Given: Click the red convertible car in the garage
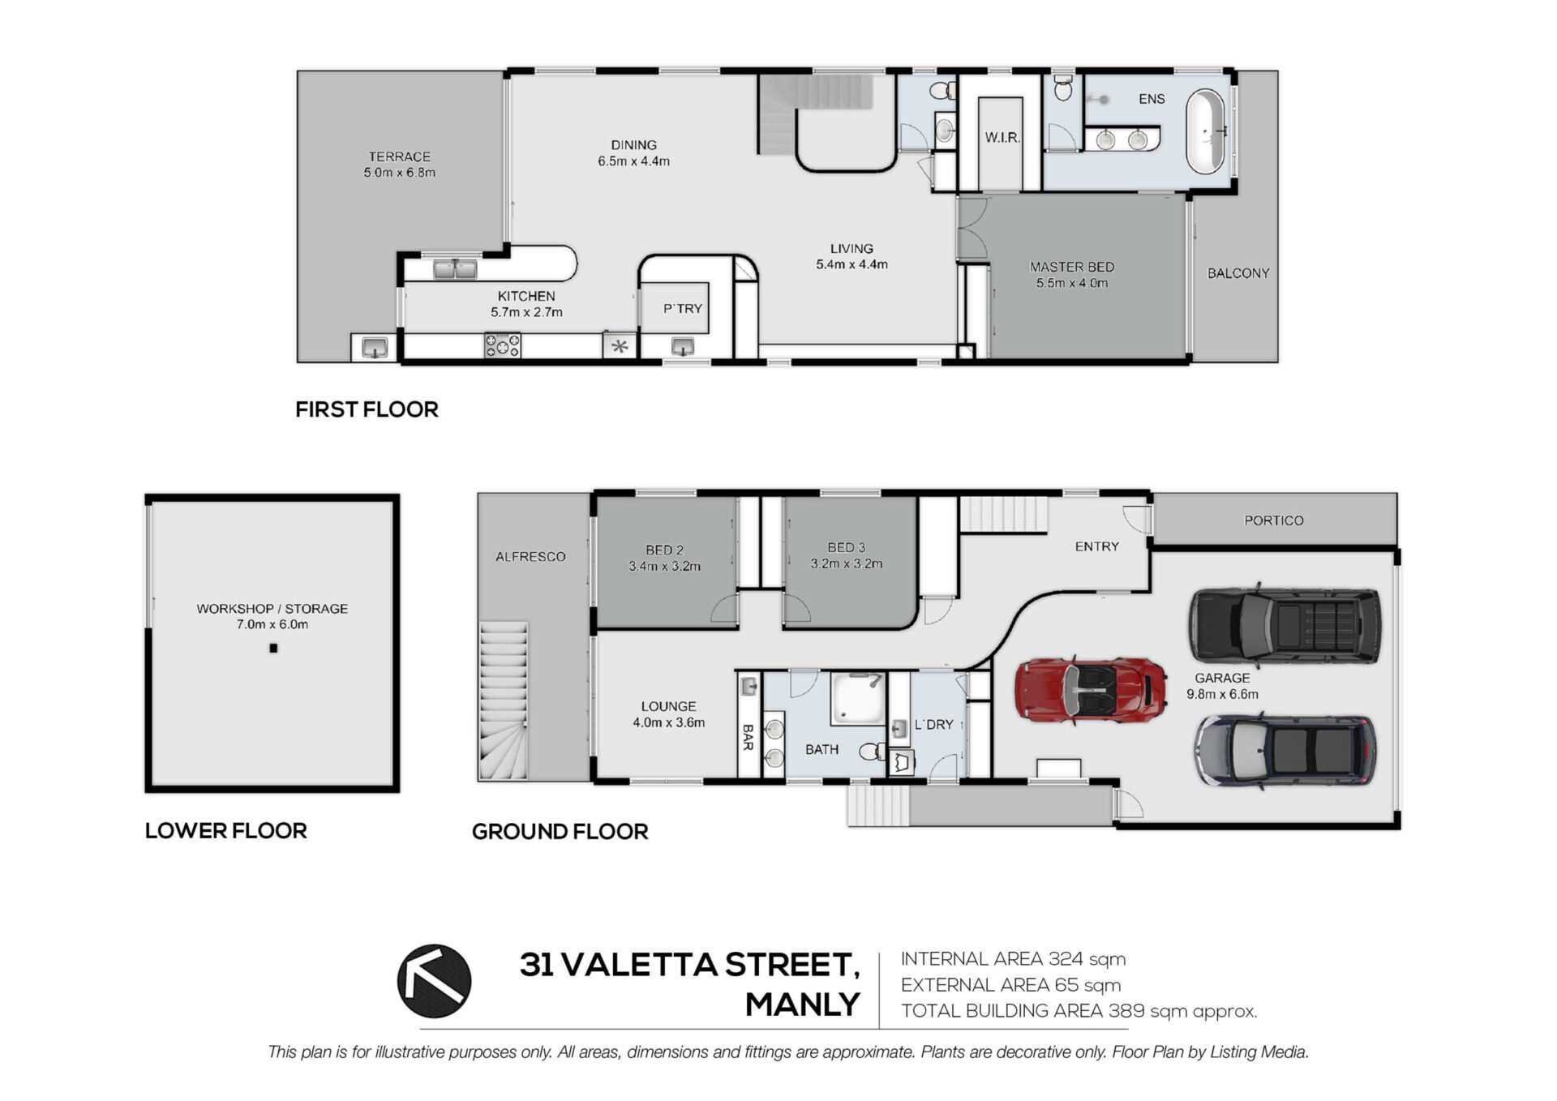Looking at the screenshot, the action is (x=1091, y=689).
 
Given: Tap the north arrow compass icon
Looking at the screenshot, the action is (x=434, y=981).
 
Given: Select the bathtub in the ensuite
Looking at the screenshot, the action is (x=1206, y=131).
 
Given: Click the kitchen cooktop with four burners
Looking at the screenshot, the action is (x=502, y=345).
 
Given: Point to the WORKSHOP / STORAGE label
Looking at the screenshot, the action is (x=272, y=608).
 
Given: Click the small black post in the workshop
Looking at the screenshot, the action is (x=273, y=648).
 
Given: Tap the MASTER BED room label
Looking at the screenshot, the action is (x=1071, y=267).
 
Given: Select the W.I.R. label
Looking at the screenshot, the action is (x=1002, y=138).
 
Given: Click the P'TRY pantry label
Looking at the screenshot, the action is (x=682, y=309).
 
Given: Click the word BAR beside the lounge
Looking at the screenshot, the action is (x=748, y=737).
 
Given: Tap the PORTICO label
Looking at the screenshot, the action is (x=1273, y=521).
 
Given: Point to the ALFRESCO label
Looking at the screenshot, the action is (x=530, y=557).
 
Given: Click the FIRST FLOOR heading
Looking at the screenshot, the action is (x=367, y=409).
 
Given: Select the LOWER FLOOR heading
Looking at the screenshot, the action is (x=225, y=831).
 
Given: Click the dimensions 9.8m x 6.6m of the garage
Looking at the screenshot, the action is (x=1222, y=694).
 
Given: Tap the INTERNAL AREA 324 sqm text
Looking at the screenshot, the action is (x=1013, y=959).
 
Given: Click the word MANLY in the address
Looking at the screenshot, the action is (x=802, y=1005).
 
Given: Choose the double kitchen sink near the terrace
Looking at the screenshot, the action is (x=455, y=268).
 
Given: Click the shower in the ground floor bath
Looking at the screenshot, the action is (x=857, y=699).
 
